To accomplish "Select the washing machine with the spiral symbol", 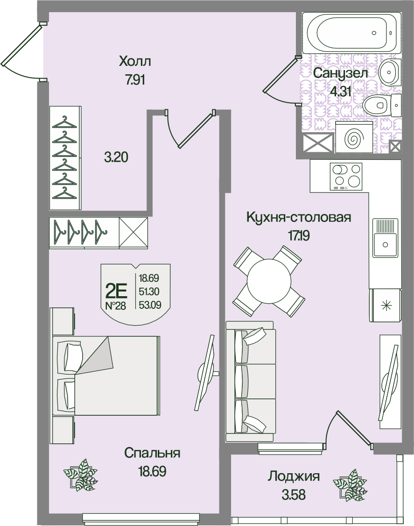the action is pos(354,137).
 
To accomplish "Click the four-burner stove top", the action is pos(346,176).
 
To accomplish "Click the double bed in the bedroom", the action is pos(106,376).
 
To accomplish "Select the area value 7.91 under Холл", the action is pos(135,80).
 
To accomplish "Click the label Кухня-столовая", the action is pos(299,217).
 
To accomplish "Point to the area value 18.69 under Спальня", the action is pos(152,471).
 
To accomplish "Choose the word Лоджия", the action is pos(293,476).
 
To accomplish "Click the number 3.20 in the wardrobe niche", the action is pos(116,157).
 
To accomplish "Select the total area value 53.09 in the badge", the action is pos(150,305).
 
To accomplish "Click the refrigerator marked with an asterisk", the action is pos(385,305).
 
